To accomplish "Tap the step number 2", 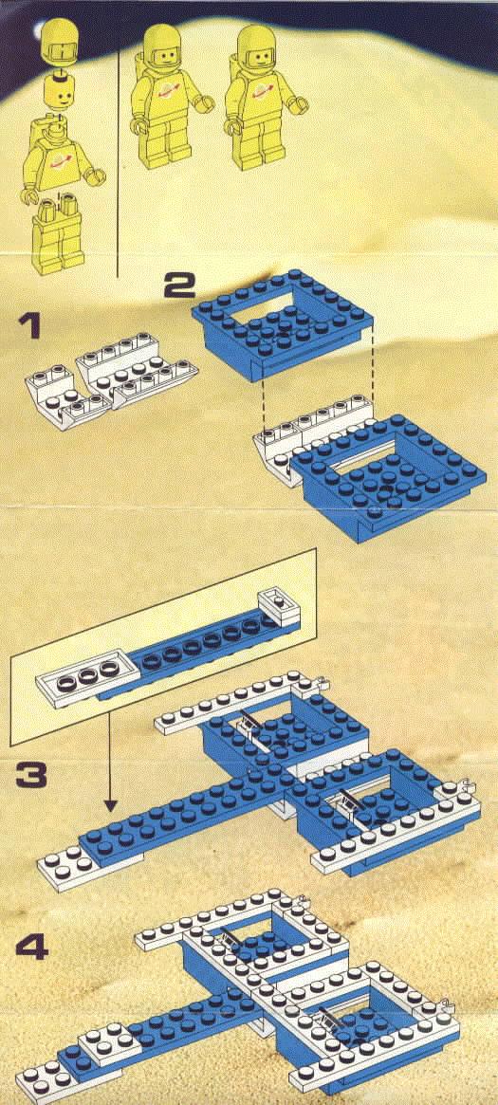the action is [179, 285].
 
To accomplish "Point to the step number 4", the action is [31, 948].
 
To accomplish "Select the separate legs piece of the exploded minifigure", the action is [57, 231].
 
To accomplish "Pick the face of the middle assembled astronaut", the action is [164, 53].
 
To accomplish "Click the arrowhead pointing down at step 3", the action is [110, 803].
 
